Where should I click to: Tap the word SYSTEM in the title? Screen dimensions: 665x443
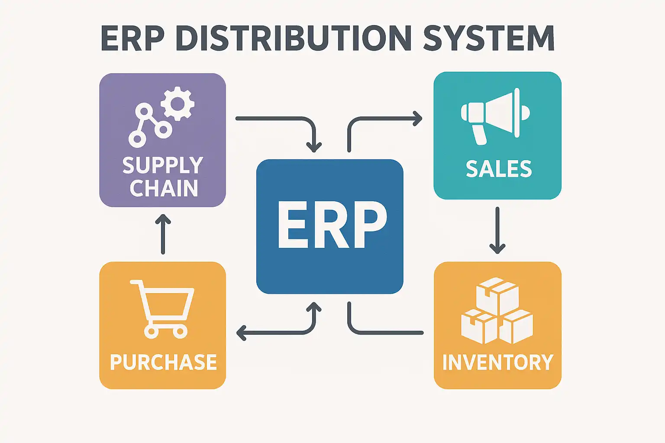489,38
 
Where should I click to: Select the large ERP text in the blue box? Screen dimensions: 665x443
332,225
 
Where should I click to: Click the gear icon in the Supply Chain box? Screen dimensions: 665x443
178,103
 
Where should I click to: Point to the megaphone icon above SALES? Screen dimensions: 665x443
495,116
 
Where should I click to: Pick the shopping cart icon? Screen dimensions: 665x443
162,309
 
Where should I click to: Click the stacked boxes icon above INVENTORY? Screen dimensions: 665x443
497,311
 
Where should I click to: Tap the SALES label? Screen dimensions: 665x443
499,169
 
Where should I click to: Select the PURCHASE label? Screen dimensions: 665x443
163,362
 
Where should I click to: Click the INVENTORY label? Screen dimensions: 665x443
498,362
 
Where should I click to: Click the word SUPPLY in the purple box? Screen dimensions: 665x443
163,165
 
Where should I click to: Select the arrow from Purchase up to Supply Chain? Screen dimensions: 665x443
163,234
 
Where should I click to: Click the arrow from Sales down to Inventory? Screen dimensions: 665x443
497,231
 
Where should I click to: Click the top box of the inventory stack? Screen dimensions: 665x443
497,296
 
